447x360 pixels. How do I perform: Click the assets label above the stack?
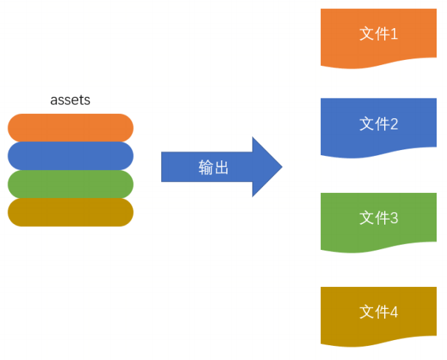click(70, 100)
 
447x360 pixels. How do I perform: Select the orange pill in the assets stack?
click(70, 128)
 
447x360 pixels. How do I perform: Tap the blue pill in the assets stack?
click(70, 156)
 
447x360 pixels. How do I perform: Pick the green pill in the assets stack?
click(70, 184)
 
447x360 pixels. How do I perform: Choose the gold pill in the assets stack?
click(70, 212)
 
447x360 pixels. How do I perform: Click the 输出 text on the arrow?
click(214, 167)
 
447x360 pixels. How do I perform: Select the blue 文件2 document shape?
click(378, 128)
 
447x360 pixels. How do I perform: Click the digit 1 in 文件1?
click(394, 34)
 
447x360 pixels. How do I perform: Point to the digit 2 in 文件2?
click(394, 124)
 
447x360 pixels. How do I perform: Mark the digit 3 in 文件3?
click(394, 218)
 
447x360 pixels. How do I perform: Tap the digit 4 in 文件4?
click(394, 312)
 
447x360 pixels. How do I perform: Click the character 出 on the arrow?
click(222, 167)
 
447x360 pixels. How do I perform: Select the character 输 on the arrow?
click(206, 167)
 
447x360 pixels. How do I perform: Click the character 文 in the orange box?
click(367, 34)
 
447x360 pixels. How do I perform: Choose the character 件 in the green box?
click(382, 218)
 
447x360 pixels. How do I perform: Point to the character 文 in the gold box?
click(367, 311)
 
